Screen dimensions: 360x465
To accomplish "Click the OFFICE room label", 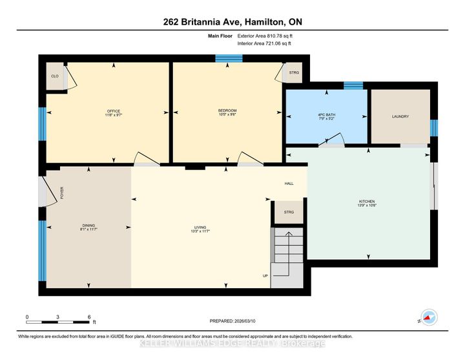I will coord(114,111).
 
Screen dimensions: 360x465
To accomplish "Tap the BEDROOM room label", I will coord(227,111).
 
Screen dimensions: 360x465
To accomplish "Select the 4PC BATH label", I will coord(325,116).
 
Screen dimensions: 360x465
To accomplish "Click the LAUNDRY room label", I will coord(400,116).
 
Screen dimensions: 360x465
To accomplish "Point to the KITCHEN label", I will coord(367,202).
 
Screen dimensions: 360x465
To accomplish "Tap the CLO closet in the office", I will coord(55,76).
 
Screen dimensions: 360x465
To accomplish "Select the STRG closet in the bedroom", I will coord(294,73).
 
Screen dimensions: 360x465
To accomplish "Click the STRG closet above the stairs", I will coord(289,213).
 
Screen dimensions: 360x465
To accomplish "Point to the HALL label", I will coord(289,184).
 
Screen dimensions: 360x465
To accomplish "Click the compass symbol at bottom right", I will coord(428,317).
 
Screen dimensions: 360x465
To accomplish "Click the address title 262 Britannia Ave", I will coord(232,22).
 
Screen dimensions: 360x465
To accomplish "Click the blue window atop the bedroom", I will coord(228,58).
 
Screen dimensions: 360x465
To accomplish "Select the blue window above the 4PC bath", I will coord(353,85).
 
